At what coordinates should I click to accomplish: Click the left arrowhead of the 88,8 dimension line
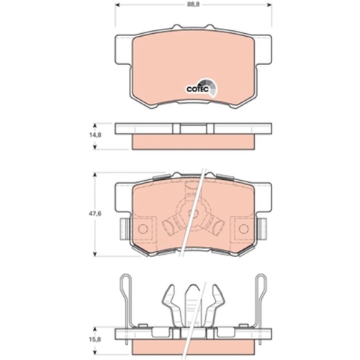pos(115,12)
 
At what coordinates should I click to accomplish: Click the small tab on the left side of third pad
pos(122,230)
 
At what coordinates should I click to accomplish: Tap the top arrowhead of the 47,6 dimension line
pos(99,176)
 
